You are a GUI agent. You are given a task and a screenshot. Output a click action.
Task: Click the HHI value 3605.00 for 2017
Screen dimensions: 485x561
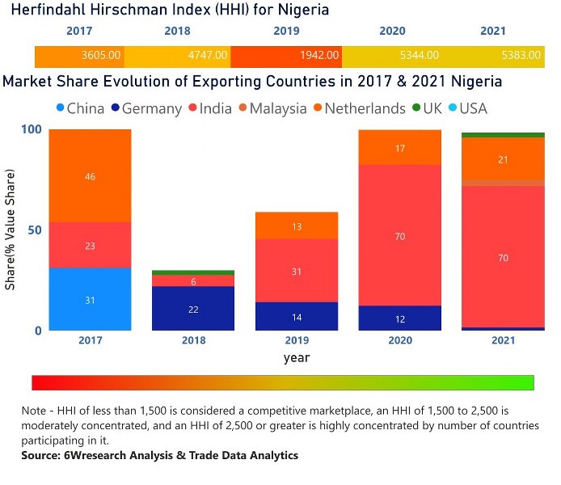(x=101, y=56)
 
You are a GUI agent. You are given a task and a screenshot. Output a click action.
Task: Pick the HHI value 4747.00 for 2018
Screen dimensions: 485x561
(x=209, y=56)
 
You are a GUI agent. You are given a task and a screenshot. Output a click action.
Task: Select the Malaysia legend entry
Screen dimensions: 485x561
(x=270, y=108)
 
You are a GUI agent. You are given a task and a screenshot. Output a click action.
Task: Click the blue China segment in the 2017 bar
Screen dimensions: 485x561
(x=90, y=299)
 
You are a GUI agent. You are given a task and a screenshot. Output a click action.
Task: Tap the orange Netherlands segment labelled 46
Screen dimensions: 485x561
(x=90, y=175)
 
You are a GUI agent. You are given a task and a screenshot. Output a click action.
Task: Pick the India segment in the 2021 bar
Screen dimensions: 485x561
(x=504, y=257)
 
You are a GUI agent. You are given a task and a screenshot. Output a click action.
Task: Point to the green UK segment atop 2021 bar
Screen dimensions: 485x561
(x=504, y=135)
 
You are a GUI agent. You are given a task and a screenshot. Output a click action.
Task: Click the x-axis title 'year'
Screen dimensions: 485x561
(x=296, y=356)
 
